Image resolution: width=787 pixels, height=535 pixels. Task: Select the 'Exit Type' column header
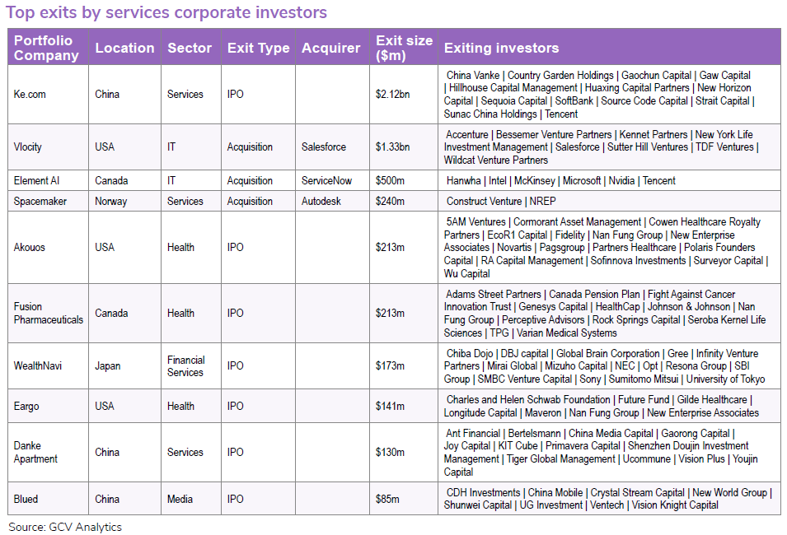pyautogui.click(x=258, y=48)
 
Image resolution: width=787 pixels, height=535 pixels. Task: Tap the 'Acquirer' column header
pyautogui.click(x=330, y=48)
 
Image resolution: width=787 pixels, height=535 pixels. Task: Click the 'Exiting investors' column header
pyautogui.click(x=501, y=48)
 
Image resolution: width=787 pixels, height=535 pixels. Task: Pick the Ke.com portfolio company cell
pyautogui.click(x=30, y=94)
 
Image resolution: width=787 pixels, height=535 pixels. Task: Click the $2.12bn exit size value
pyautogui.click(x=394, y=94)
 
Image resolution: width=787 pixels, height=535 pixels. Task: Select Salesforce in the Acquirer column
pyautogui.click(x=324, y=147)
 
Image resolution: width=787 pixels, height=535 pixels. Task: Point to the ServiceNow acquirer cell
pyautogui.click(x=328, y=180)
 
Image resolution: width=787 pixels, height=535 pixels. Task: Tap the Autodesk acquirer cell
pyautogui.click(x=321, y=201)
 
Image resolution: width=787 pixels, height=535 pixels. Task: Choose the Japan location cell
pyautogui.click(x=108, y=366)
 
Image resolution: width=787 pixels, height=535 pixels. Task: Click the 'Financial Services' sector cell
pyautogui.click(x=185, y=366)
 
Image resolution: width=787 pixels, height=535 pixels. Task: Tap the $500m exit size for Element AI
pyautogui.click(x=390, y=180)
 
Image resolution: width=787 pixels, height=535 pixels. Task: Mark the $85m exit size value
pyautogui.click(x=387, y=499)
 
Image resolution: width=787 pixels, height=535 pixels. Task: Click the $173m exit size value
pyautogui.click(x=390, y=366)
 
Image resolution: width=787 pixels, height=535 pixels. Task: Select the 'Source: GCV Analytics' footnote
pyautogui.click(x=65, y=527)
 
